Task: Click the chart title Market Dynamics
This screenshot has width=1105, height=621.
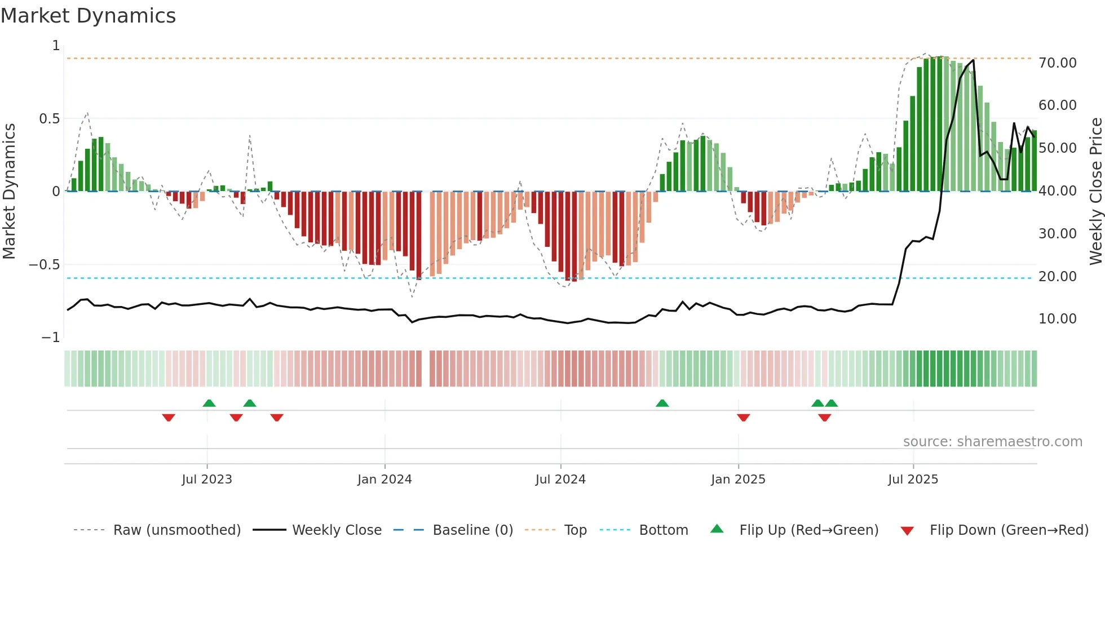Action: tap(88, 16)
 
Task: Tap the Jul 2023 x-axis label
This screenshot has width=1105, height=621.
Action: tap(206, 480)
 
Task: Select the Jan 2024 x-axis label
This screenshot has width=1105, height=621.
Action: tap(384, 480)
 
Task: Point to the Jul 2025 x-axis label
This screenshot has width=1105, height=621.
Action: tap(913, 480)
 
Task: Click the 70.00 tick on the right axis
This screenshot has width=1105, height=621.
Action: tap(1057, 63)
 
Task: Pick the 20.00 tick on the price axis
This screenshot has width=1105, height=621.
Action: tap(1057, 277)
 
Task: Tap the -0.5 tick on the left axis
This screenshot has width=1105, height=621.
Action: tap(44, 265)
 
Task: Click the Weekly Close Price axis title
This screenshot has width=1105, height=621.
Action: tap(1095, 191)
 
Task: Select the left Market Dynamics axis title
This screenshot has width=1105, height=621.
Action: tap(9, 191)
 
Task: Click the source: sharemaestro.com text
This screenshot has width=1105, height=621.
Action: tap(992, 442)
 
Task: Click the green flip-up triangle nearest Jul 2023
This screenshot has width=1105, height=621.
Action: tap(209, 403)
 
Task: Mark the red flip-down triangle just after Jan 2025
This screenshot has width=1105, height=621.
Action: tap(743, 418)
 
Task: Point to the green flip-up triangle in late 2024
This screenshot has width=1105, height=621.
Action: tap(662, 403)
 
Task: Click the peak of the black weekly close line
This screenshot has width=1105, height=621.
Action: tap(973, 60)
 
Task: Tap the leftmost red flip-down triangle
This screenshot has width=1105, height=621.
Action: tap(169, 418)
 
